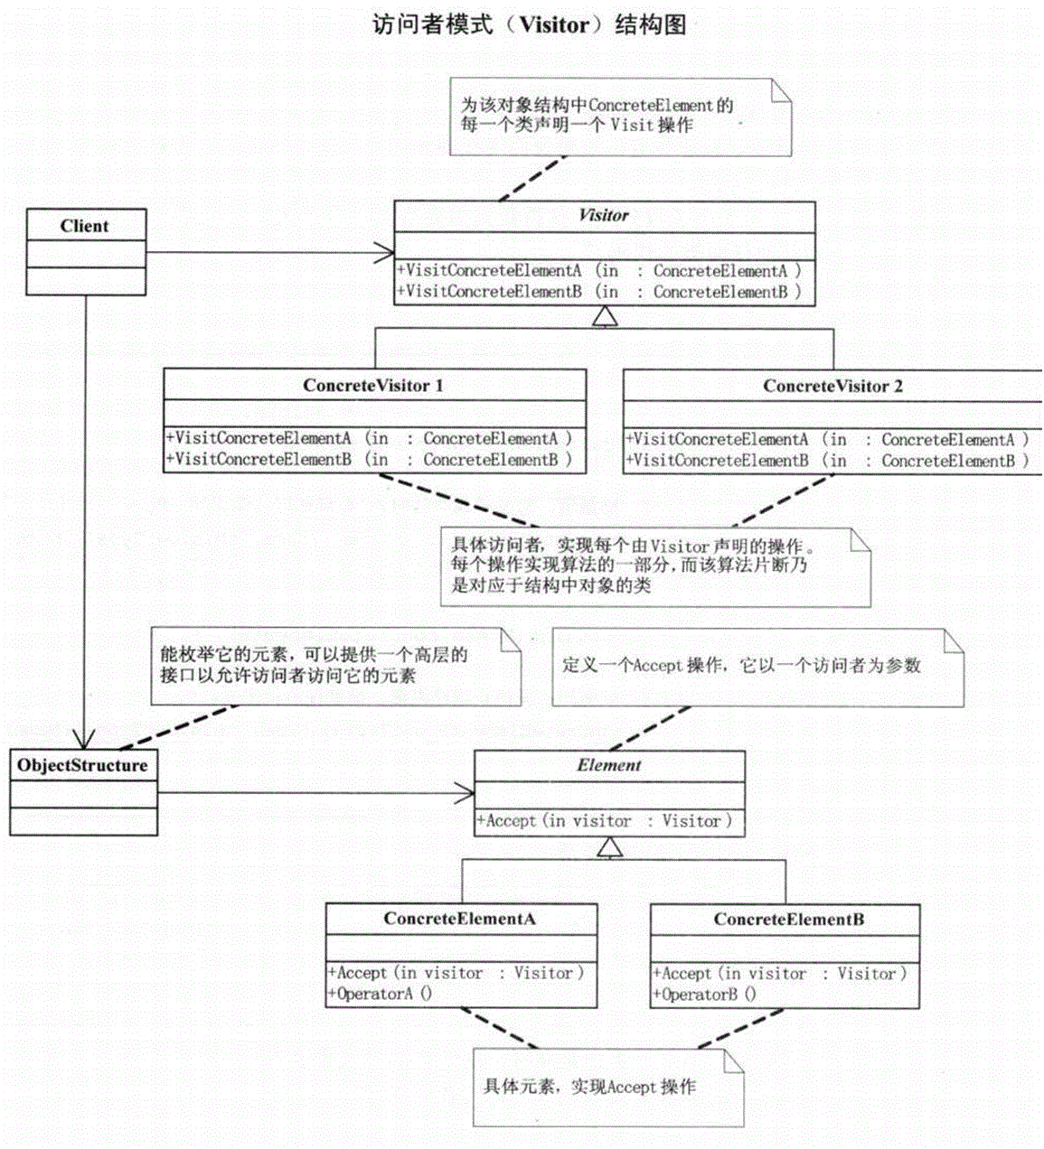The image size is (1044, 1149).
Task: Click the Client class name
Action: coord(85,226)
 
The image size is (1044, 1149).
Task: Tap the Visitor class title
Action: coord(604,215)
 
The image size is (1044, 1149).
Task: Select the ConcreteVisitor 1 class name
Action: coord(373,386)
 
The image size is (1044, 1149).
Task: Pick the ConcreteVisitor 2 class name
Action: coord(832,387)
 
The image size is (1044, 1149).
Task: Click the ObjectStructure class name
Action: coord(82,766)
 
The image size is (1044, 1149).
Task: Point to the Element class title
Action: coord(609,765)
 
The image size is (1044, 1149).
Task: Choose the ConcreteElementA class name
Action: coord(460,919)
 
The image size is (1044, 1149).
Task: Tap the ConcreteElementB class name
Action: coord(788,920)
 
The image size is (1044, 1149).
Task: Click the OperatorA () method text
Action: coord(380,994)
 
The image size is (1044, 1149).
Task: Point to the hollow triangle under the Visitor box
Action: coord(605,316)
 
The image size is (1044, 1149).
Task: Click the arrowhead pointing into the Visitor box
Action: coord(386,252)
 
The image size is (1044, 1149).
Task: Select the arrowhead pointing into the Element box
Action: coord(466,794)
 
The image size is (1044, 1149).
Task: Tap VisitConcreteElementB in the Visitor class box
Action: coord(494,292)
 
